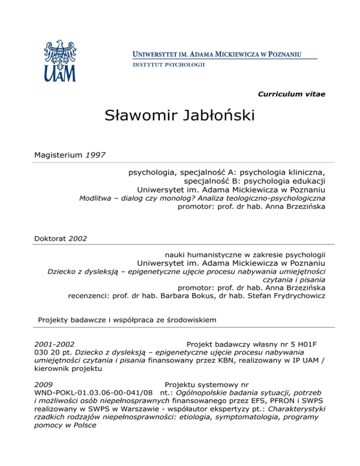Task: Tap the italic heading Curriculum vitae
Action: coord(292,94)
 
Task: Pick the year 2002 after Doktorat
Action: coord(78,238)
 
